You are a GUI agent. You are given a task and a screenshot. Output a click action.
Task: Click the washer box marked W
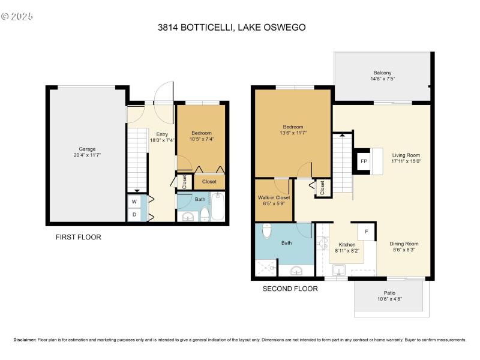[134, 202]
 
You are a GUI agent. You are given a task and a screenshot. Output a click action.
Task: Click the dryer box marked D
[134, 215]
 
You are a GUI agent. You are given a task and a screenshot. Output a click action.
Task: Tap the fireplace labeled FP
[364, 161]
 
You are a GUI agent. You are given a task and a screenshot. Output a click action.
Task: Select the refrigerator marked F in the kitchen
[367, 232]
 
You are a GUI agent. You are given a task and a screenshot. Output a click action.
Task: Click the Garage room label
[87, 149]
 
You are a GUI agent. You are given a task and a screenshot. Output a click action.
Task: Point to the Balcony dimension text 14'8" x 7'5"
[383, 79]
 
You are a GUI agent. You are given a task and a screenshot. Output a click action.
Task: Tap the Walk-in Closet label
[274, 198]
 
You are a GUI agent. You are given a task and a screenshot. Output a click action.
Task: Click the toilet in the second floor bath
[267, 231]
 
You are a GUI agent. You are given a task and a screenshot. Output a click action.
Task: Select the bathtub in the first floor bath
[218, 206]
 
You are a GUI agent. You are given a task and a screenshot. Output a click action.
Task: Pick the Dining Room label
[404, 244]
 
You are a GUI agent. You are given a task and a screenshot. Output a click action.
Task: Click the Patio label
[389, 293]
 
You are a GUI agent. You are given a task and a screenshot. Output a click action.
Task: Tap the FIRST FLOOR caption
[79, 237]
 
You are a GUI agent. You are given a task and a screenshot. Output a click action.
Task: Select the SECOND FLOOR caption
[290, 289]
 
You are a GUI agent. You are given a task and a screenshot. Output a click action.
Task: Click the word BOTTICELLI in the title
[208, 28]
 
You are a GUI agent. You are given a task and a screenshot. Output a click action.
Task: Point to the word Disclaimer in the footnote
[25, 340]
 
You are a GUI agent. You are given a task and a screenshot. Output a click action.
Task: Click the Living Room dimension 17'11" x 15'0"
[406, 161]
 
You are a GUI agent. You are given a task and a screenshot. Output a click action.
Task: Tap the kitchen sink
[339, 271]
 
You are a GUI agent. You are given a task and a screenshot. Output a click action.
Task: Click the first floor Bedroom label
[202, 133]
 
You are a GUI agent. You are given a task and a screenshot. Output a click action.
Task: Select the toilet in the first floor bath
[205, 214]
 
